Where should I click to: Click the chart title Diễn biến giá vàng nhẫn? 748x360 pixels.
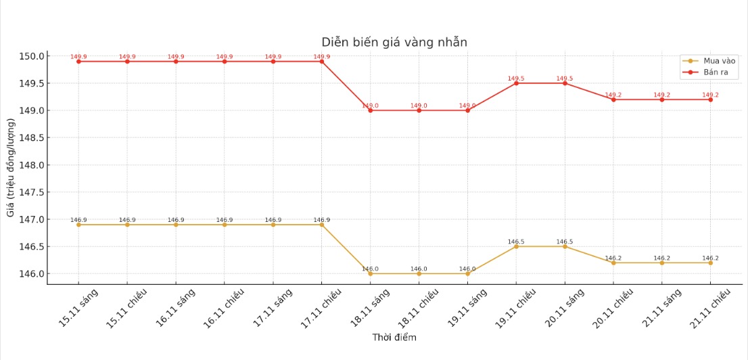coord(394,43)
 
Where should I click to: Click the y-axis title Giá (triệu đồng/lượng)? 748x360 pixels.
coord(11,167)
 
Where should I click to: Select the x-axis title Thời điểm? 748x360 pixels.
coord(394,338)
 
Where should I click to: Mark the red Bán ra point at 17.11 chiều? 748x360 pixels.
coord(322,62)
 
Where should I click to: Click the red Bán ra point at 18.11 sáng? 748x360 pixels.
coord(371,110)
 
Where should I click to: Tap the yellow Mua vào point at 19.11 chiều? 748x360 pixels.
coord(516,246)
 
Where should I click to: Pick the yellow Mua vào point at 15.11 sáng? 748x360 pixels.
coord(78,225)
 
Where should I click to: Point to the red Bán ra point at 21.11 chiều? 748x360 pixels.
coord(711,99)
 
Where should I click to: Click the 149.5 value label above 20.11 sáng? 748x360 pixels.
coord(565,78)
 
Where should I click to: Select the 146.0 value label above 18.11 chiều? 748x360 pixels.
coord(419,269)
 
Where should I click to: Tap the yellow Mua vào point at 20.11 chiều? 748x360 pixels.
coord(613,263)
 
